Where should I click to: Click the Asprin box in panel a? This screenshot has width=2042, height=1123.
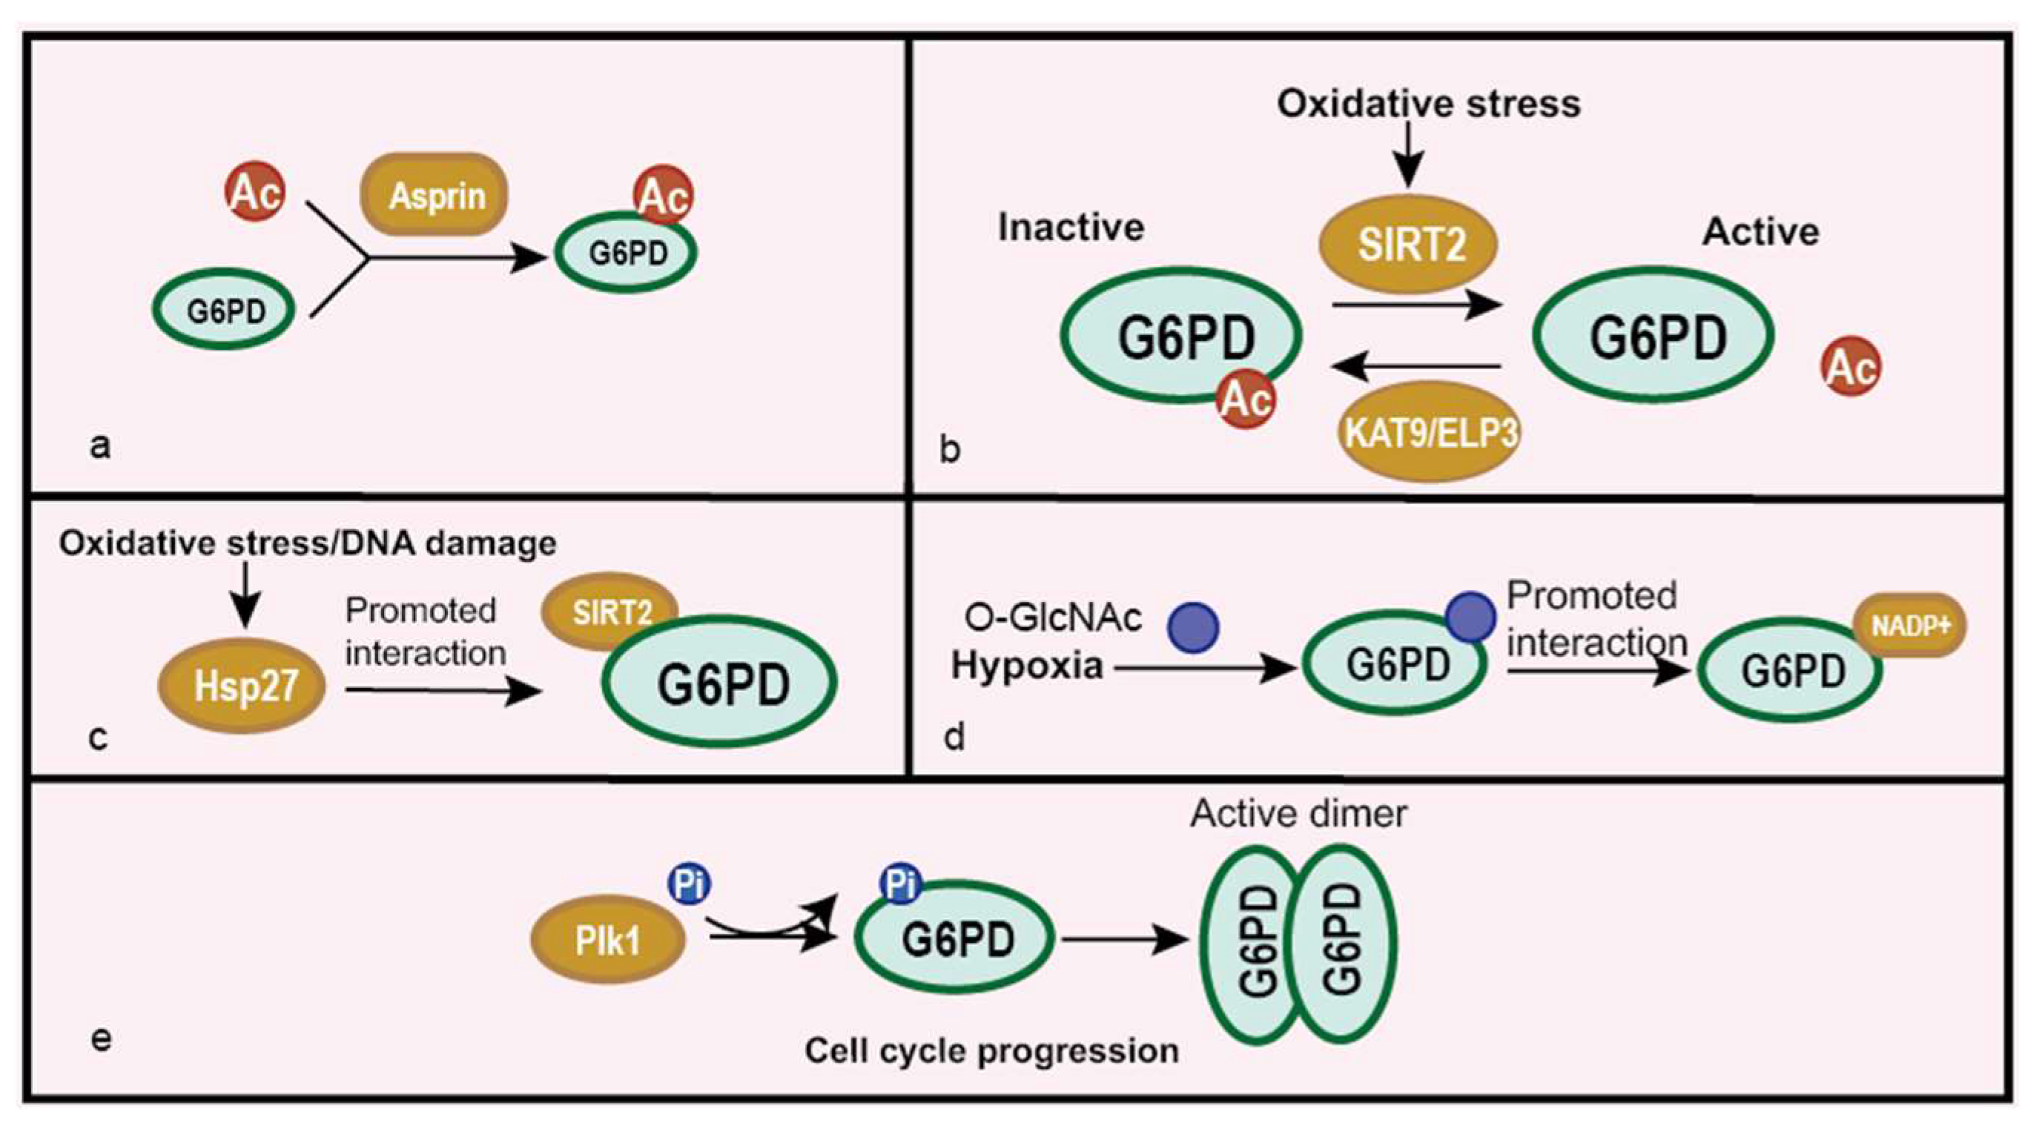(434, 195)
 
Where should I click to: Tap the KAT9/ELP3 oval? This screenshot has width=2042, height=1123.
(1430, 433)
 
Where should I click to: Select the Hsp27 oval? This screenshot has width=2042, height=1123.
(242, 686)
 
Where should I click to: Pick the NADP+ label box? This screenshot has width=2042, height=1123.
(1909, 626)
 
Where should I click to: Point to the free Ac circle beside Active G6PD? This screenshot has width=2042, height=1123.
(1851, 367)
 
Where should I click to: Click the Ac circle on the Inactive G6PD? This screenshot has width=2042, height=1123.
(1246, 400)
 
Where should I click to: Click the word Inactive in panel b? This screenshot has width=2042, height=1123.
(1071, 228)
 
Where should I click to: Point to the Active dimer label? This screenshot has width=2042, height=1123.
(1298, 814)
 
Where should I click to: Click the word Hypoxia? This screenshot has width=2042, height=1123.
(1026, 666)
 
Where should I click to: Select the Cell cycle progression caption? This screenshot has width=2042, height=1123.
(991, 1052)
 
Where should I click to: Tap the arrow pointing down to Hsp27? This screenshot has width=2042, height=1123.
(245, 594)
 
